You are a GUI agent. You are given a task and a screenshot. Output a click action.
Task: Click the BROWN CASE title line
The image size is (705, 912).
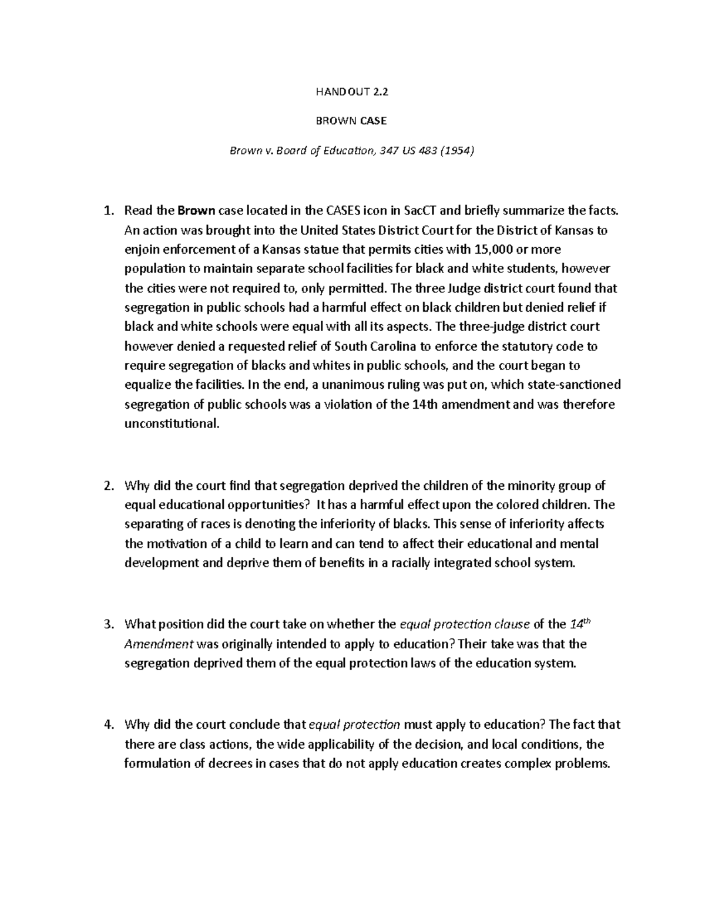pyautogui.click(x=352, y=121)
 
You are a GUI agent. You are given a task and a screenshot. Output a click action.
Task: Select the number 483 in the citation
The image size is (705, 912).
pyautogui.click(x=419, y=151)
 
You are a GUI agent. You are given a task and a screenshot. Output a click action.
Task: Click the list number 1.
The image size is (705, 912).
pyautogui.click(x=107, y=211)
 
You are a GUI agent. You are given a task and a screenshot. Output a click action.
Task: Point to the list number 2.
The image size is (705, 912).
pyautogui.click(x=107, y=486)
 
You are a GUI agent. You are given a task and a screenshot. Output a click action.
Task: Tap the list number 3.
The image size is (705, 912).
pyautogui.click(x=107, y=624)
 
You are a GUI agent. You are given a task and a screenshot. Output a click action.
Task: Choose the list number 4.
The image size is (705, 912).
pyautogui.click(x=107, y=724)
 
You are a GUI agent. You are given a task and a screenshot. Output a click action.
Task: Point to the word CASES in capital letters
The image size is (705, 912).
pyautogui.click(x=344, y=211)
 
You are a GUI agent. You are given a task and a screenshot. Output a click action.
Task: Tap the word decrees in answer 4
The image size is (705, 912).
pyautogui.click(x=217, y=763)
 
